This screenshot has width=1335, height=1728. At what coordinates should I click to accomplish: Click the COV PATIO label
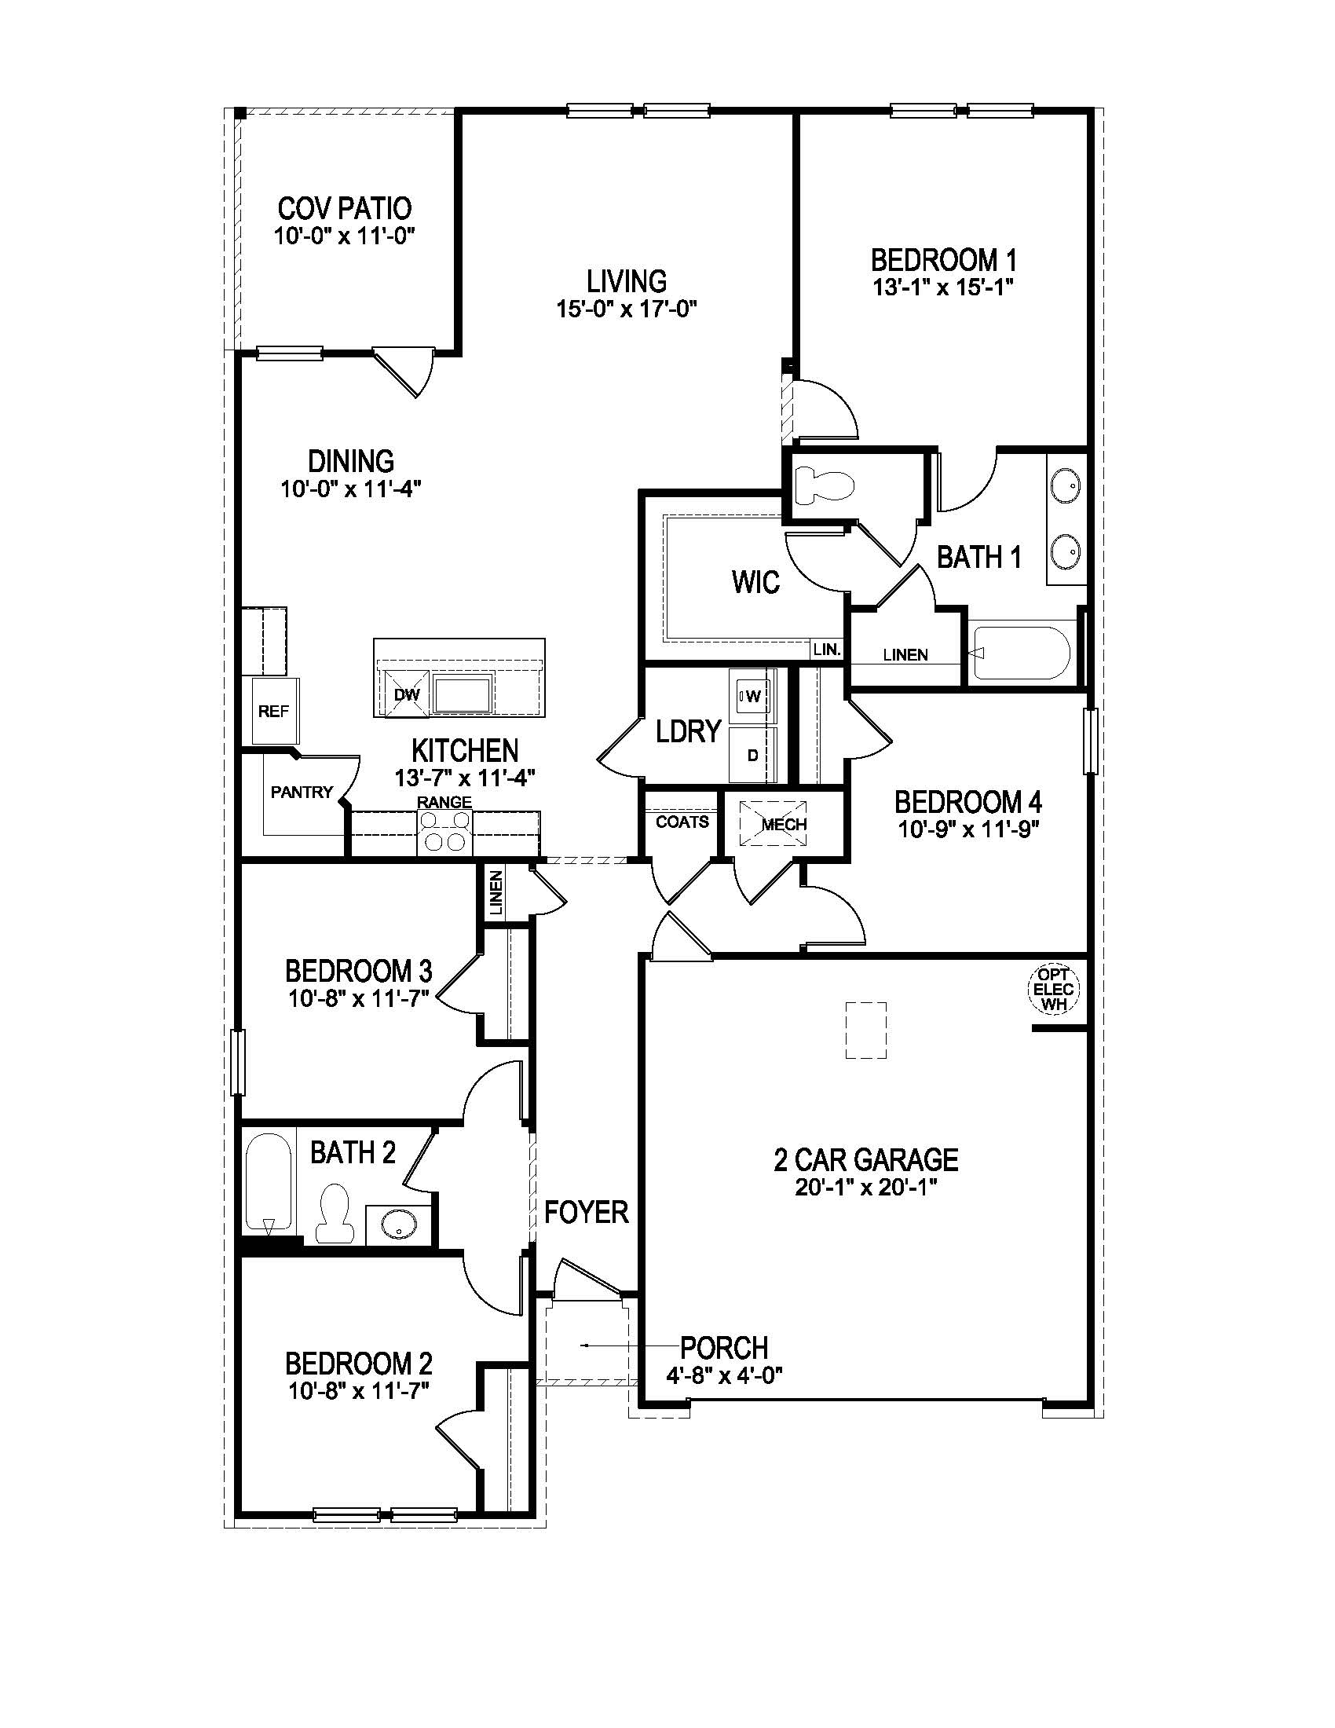pyautogui.click(x=344, y=209)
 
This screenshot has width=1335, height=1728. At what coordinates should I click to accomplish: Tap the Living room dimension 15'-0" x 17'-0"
pyautogui.click(x=627, y=309)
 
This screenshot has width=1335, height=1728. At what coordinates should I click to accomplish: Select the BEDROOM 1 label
pyautogui.click(x=943, y=259)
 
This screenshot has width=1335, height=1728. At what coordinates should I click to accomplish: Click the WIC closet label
pyautogui.click(x=755, y=583)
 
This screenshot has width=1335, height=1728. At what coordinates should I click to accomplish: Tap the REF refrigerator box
pyautogui.click(x=273, y=712)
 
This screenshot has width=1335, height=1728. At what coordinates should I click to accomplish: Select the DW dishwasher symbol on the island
pyautogui.click(x=405, y=694)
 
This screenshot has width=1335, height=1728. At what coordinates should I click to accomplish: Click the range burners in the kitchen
pyautogui.click(x=444, y=834)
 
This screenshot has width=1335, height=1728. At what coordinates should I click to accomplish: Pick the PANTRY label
pyautogui.click(x=302, y=792)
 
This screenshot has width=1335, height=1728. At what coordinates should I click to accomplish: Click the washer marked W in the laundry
pyautogui.click(x=752, y=696)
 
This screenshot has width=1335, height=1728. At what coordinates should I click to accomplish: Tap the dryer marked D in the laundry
pyautogui.click(x=752, y=755)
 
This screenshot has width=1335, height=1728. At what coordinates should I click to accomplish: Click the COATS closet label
pyautogui.click(x=682, y=822)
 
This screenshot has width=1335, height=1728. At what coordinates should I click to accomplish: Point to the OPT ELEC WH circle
pyautogui.click(x=1053, y=990)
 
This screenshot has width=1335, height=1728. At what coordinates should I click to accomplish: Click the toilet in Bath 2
pyautogui.click(x=333, y=1213)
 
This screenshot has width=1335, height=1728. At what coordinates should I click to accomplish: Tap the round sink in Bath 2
pyautogui.click(x=398, y=1227)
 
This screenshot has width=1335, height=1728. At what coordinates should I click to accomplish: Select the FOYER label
pyautogui.click(x=586, y=1211)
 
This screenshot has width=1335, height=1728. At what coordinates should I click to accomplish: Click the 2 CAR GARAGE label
pyautogui.click(x=866, y=1160)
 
